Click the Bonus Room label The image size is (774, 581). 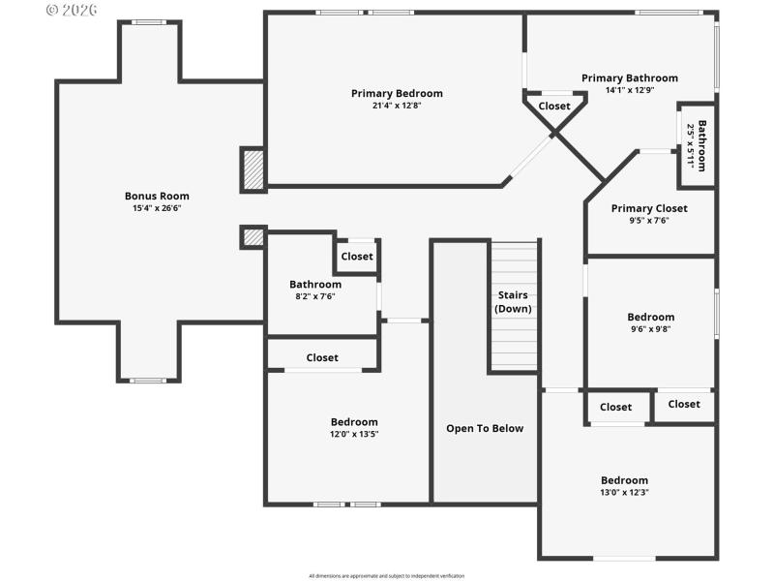pos(157,196)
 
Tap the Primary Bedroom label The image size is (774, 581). pos(397,93)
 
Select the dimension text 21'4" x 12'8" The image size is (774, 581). pos(397,106)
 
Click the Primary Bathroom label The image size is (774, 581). pos(629,77)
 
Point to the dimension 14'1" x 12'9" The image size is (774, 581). pos(629,90)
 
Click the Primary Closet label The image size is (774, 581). pos(649,208)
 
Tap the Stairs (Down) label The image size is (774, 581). pos(513,301)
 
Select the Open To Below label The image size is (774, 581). pos(485,428)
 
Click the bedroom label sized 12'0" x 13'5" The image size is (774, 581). pos(354,421)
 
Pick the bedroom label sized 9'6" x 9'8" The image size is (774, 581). pos(650,317)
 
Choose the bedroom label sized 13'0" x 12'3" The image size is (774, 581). pos(624,480)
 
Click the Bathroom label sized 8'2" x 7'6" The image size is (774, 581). pos(315,284)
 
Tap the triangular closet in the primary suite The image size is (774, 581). pos(554,107)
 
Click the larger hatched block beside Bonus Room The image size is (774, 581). pos(253,168)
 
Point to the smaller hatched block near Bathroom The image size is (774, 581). pos(253,236)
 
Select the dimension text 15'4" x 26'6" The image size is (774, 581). pos(157,208)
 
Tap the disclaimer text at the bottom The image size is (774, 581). pos(387,575)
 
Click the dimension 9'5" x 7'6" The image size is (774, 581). pos(649,221)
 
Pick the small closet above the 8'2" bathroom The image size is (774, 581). pos(356,257)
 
